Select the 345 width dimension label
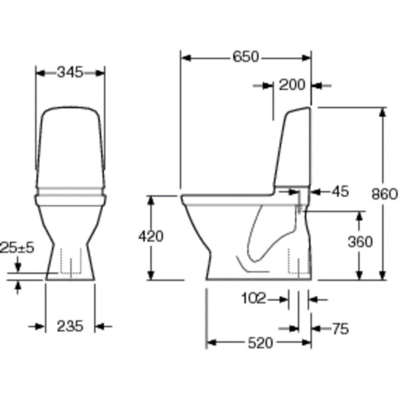click(70, 72)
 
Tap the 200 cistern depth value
click(292, 85)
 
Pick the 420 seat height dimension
click(151, 236)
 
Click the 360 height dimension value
click(360, 242)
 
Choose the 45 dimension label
click(341, 192)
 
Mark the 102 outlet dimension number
click(253, 298)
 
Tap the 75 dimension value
click(340, 329)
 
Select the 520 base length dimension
click(260, 343)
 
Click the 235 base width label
click(70, 326)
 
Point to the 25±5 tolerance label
click(18, 248)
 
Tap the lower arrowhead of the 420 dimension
click(151, 276)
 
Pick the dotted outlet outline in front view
click(71, 262)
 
